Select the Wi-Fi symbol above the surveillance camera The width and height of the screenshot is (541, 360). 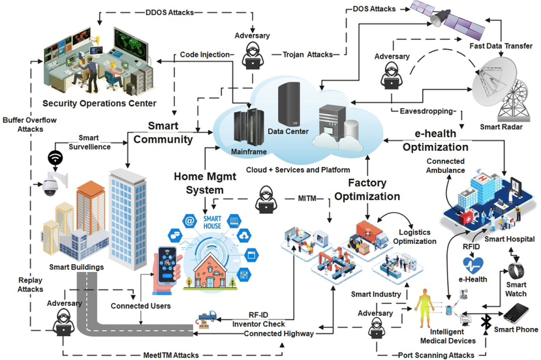(55, 158)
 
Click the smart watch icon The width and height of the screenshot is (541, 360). (516, 271)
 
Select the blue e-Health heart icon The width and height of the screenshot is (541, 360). (472, 265)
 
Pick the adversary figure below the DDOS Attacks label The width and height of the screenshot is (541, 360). (253, 55)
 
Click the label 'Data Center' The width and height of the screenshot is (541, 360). (288, 131)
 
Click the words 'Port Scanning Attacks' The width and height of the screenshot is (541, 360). (436, 355)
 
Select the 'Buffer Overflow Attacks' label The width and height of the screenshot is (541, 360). (29, 125)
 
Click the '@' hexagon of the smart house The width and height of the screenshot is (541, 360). (189, 220)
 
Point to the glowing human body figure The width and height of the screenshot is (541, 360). (424, 308)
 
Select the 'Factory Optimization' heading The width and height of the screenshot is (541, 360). (367, 189)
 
